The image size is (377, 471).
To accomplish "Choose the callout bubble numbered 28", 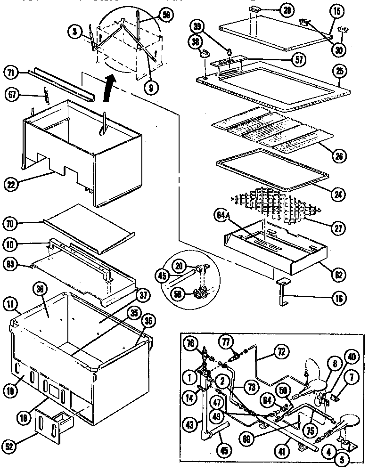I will [x=285, y=9].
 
